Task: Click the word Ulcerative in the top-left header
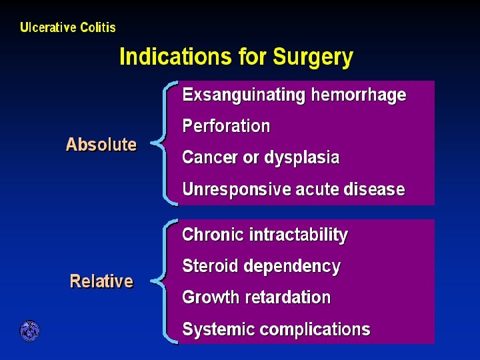pos(49,27)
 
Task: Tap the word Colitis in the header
pos(98,27)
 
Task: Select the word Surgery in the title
pos(313,58)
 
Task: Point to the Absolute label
pos(101,145)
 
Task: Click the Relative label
pos(101,281)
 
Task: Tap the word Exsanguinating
pos(243,95)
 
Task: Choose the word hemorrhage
pos(358,95)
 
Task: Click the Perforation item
pos(226,126)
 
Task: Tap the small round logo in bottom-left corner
pos(29,331)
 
